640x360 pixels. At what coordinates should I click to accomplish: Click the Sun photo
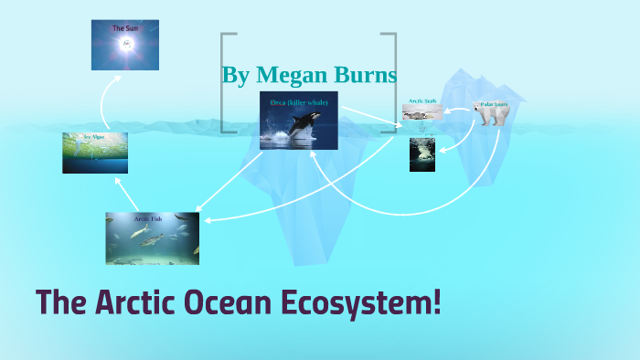tap(124, 46)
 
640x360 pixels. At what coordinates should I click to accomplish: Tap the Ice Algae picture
tap(95, 154)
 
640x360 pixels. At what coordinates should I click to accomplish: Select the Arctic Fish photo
tap(152, 238)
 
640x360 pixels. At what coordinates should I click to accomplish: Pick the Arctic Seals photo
tap(422, 112)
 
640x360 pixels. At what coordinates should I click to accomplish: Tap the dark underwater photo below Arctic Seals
tap(421, 154)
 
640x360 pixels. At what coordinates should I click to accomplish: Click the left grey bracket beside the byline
tap(223, 82)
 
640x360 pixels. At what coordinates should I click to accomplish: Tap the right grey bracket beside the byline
tap(394, 82)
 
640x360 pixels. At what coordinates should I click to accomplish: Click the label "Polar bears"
tap(494, 104)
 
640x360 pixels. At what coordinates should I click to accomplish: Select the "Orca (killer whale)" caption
tap(299, 102)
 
